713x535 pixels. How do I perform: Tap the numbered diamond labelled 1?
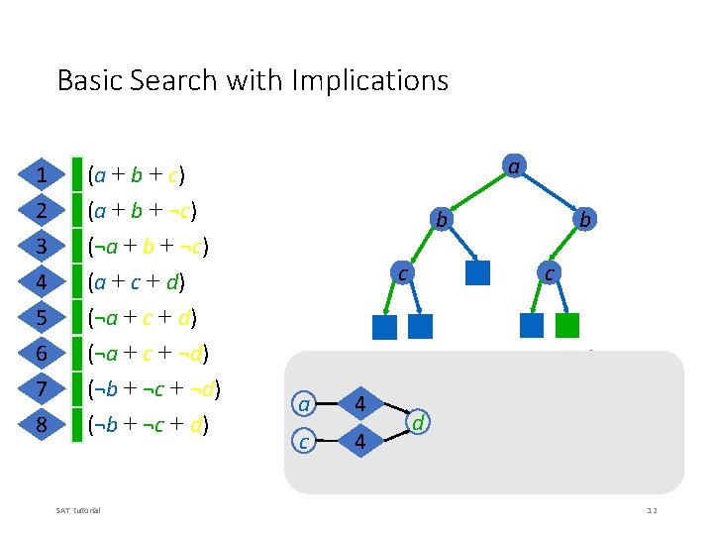42,176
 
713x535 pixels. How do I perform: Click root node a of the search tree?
512,166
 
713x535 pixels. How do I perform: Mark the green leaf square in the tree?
566,325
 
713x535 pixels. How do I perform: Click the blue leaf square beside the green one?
531,325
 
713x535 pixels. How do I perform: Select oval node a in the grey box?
305,404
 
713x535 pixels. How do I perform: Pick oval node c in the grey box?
305,441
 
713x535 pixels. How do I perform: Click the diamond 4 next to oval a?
360,404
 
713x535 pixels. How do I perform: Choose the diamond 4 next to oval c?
360,442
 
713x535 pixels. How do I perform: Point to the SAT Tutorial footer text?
83,510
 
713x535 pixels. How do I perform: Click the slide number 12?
652,510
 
